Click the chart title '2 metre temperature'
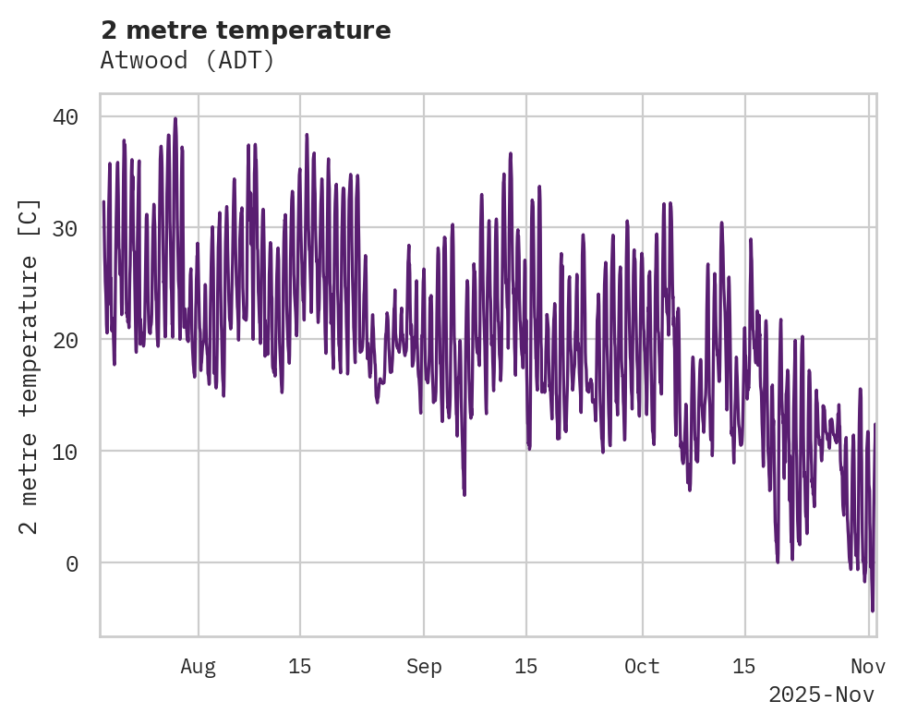(x=246, y=30)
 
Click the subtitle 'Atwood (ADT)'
(x=187, y=61)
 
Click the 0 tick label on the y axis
(x=72, y=563)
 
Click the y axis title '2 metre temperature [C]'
(x=29, y=367)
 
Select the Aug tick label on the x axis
(x=198, y=667)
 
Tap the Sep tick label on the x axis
(x=424, y=667)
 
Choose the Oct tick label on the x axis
(x=642, y=667)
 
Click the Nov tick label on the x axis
(x=868, y=667)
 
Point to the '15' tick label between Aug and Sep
(x=299, y=667)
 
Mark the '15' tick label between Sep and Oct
(x=525, y=667)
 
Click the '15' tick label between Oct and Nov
(x=743, y=667)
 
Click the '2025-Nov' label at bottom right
(x=821, y=695)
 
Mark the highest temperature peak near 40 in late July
(x=175, y=118)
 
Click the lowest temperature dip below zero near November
(x=872, y=610)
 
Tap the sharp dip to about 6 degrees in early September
(x=464, y=494)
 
